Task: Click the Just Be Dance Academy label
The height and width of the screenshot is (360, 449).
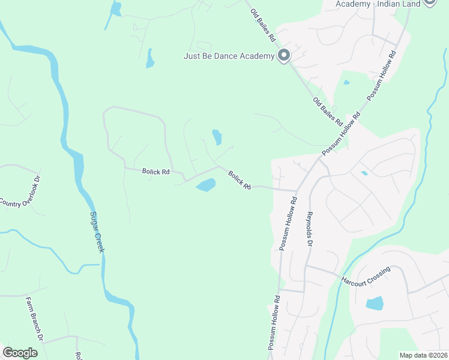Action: pyautogui.click(x=229, y=57)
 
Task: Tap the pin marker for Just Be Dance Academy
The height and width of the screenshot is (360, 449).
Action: pyautogui.click(x=284, y=56)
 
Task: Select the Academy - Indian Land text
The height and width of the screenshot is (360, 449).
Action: pyautogui.click(x=378, y=4)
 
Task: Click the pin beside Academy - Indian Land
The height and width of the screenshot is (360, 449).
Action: pyautogui.click(x=429, y=2)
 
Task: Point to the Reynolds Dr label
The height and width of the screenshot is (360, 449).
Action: pyautogui.click(x=310, y=229)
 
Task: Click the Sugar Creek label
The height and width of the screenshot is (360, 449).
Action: pyautogui.click(x=97, y=231)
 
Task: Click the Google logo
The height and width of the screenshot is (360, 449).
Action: pyautogui.click(x=20, y=353)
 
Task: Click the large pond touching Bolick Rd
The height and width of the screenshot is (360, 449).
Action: pyautogui.click(x=205, y=185)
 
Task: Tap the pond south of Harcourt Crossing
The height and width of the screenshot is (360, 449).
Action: pyautogui.click(x=375, y=303)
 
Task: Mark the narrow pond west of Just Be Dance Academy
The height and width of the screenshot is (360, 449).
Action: pyautogui.click(x=149, y=58)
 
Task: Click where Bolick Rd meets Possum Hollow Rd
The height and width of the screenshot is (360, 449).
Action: pyautogui.click(x=297, y=191)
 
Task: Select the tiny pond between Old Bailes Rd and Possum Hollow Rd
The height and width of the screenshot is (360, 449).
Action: pyautogui.click(x=346, y=82)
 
